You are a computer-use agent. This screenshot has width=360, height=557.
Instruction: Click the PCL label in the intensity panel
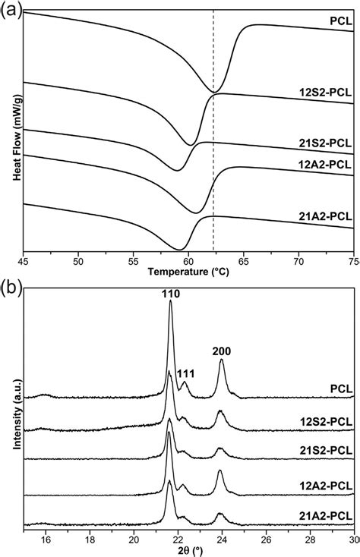338,389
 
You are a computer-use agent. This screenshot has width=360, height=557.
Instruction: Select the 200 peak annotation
222,351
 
